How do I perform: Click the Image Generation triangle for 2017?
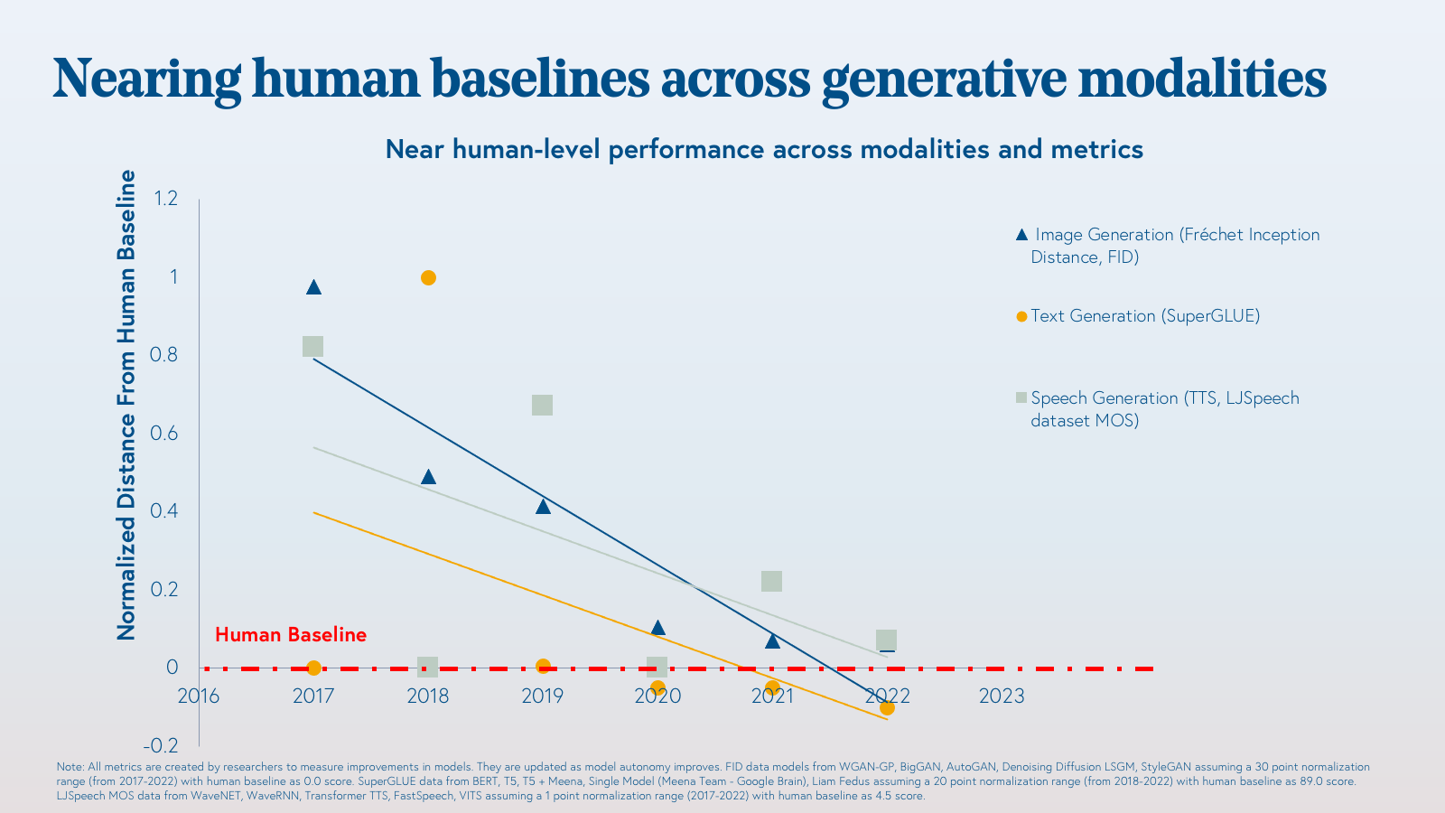pos(313,287)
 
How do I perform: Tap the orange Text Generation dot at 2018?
pos(428,277)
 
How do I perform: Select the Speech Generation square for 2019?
pos(542,405)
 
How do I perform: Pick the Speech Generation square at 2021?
pos(771,581)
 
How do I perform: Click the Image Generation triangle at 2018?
pos(428,477)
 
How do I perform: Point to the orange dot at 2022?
pos(887,707)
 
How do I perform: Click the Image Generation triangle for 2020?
pos(657,628)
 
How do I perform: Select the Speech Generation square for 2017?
pos(312,347)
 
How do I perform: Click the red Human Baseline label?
pos(291,635)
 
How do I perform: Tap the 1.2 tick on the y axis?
pos(166,198)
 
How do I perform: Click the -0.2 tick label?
pos(161,745)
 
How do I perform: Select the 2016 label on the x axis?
pos(199,696)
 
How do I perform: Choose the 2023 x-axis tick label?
pos(1002,696)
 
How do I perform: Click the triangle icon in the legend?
pos(1021,235)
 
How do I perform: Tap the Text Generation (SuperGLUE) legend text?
pos(1145,316)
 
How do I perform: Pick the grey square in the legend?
pos(1021,397)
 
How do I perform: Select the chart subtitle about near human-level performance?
pos(764,149)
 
